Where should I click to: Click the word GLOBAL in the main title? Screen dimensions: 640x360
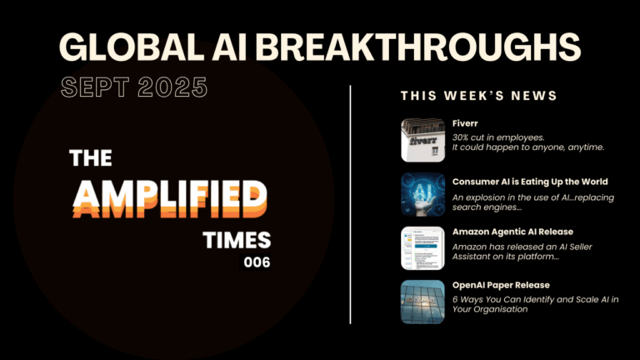point(132,47)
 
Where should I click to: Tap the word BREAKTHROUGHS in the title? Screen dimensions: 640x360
point(418,47)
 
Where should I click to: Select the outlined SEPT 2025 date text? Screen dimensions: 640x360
point(134,87)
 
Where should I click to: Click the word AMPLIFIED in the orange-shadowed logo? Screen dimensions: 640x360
point(170,198)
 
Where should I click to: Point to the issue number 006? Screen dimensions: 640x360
point(257,262)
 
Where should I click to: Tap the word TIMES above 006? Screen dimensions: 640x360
point(237,240)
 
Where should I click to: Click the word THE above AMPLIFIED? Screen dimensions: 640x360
point(91,158)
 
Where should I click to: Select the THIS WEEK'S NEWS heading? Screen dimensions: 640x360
point(479,96)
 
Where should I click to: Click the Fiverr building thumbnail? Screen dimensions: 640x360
point(422,140)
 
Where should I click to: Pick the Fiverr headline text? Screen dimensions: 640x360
point(465,123)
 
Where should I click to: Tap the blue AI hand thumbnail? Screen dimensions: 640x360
point(422,194)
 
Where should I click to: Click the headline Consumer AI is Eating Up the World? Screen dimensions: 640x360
point(530,182)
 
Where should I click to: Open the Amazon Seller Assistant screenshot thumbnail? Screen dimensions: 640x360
point(422,248)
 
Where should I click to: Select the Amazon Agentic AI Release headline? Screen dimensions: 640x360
point(512,232)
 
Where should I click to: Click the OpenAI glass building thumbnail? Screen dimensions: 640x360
point(422,302)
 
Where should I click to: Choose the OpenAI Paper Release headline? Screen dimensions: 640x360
point(501,285)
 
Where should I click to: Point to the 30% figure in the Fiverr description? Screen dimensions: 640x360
point(460,137)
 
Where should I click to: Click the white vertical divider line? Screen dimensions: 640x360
point(350,204)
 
